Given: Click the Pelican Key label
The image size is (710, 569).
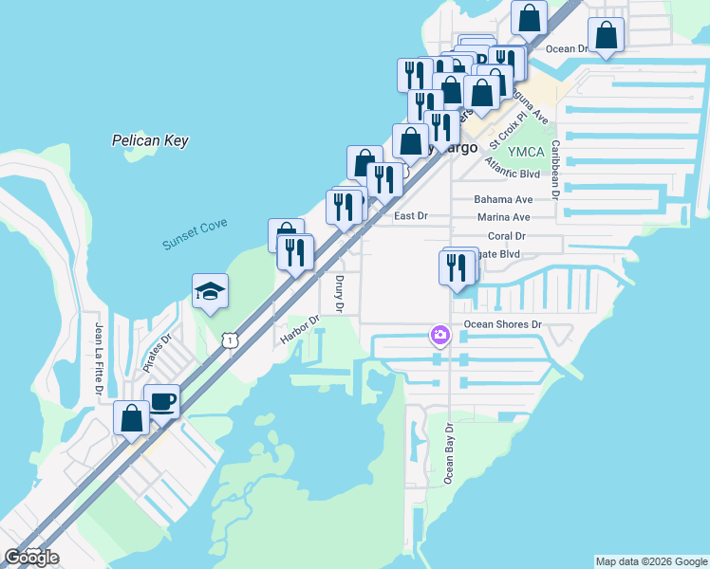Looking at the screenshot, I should pos(150,140).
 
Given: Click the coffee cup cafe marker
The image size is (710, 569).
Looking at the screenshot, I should pos(161,401).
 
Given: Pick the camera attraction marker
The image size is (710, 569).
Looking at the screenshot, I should pos(439,334).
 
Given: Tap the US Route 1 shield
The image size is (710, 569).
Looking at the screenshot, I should pos(229,340).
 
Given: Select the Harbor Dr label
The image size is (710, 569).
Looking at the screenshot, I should pos(298,335).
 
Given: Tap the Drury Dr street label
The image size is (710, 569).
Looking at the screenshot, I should pos(339,294).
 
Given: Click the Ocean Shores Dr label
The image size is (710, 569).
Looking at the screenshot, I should pos(502,324).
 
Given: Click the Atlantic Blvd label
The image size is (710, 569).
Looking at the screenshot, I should pos(512,174).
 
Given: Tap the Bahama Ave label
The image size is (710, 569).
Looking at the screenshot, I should pos(503,200).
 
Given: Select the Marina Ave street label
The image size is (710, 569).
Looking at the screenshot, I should pos(503,217).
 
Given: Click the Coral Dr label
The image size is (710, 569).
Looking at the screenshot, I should pos(506,235).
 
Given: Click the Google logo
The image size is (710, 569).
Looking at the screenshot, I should pos(32,558).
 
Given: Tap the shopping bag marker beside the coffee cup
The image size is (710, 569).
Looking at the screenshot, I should pos(131,418).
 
